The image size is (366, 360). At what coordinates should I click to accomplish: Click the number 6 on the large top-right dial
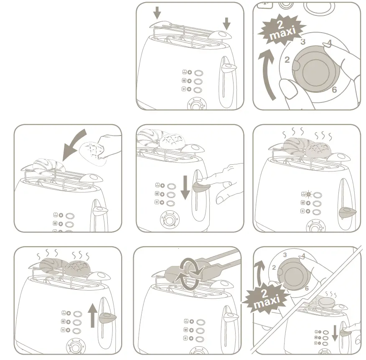334,90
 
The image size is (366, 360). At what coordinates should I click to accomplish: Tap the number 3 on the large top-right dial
303,42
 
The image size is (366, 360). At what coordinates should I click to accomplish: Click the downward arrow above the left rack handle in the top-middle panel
157,13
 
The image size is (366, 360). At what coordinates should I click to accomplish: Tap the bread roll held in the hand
93,151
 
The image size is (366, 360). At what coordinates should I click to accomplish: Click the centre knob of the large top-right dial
313,69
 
